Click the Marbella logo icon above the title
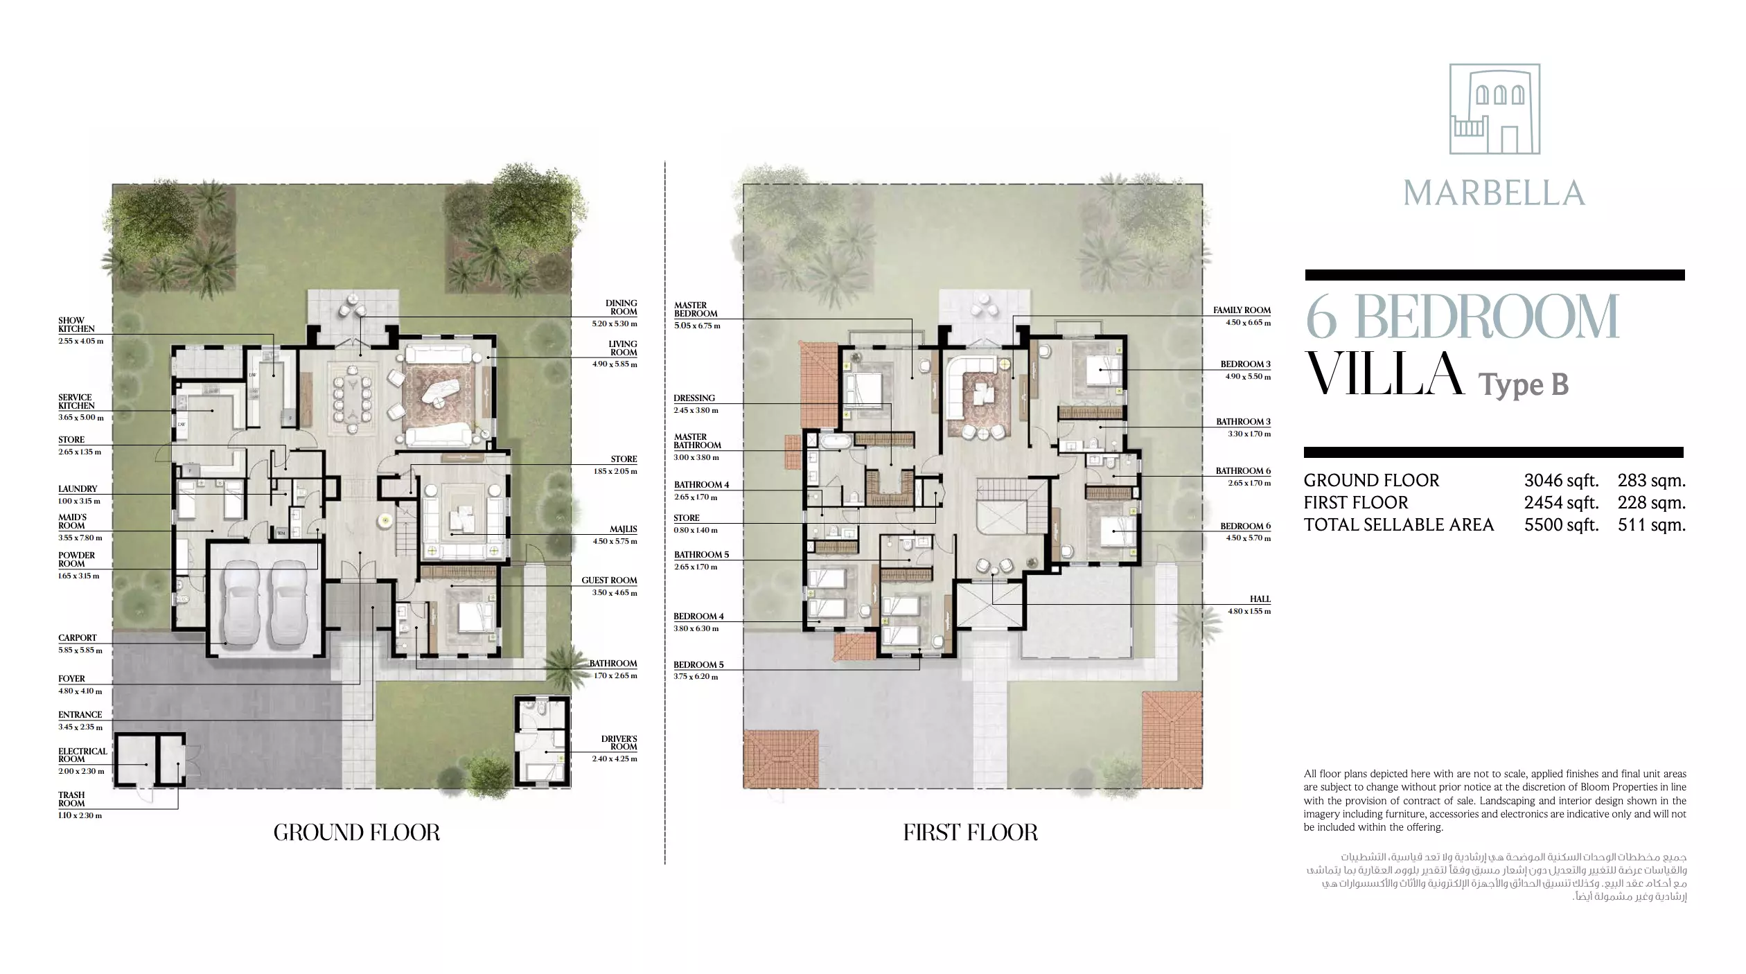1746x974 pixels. pyautogui.click(x=1494, y=109)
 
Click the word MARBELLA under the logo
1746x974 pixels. pyautogui.click(x=1494, y=193)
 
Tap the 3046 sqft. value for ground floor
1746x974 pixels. pyautogui.click(x=1561, y=480)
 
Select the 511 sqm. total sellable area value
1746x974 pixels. pyautogui.click(x=1651, y=524)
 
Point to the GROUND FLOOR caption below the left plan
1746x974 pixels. pyautogui.click(x=357, y=832)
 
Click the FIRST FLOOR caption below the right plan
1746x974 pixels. pyautogui.click(x=971, y=832)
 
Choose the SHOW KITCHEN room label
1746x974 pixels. pyautogui.click(x=76, y=325)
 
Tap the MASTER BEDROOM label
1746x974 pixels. pyautogui.click(x=696, y=309)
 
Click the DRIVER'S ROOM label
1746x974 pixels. pyautogui.click(x=619, y=743)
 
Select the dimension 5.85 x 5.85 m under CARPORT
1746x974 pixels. pyautogui.click(x=80, y=650)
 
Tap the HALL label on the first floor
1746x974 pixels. pyautogui.click(x=1260, y=599)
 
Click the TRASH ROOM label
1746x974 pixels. pyautogui.click(x=71, y=799)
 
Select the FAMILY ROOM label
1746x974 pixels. pyautogui.click(x=1242, y=310)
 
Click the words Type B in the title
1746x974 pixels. pyautogui.click(x=1524, y=385)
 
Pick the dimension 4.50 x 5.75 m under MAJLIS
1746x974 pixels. pyautogui.click(x=615, y=542)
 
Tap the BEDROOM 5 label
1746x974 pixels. pyautogui.click(x=698, y=665)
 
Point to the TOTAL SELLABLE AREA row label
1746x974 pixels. pyautogui.click(x=1398, y=524)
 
